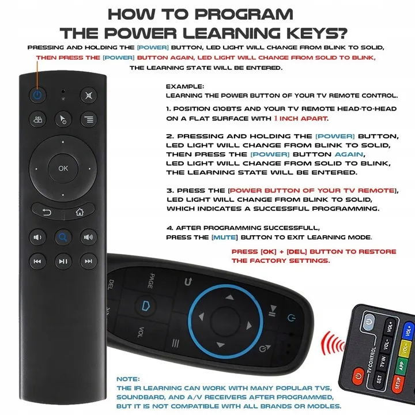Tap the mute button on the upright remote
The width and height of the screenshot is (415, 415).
tap(88, 95)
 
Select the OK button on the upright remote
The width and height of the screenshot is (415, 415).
tap(63, 168)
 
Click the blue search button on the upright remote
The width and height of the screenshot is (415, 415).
tap(63, 236)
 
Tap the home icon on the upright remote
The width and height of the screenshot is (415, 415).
tap(79, 212)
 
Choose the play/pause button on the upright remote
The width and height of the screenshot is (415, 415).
tap(63, 261)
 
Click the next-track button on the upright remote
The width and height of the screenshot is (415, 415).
tap(88, 261)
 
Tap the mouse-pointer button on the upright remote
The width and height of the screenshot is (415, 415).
tap(63, 120)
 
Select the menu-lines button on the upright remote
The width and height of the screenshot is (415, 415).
tap(88, 120)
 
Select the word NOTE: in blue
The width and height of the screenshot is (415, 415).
tap(128, 379)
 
